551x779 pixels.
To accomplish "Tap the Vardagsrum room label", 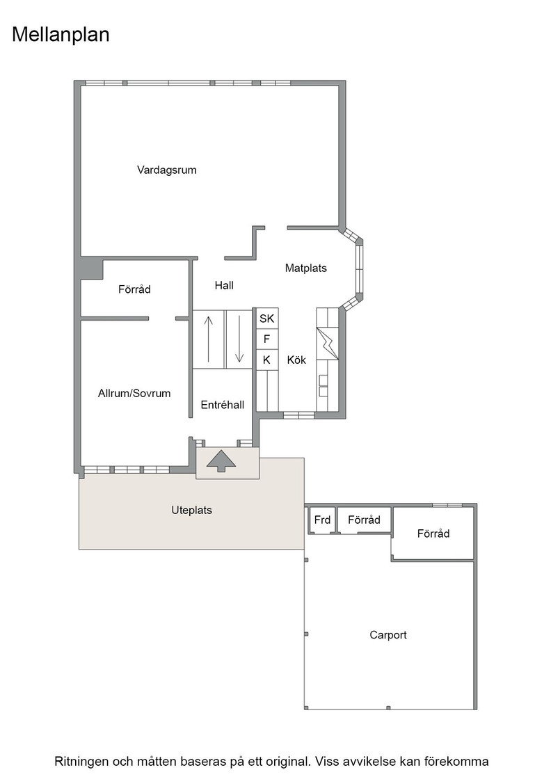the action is (167, 170).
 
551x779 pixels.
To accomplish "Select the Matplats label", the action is (306, 268).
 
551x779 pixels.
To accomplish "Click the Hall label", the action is (224, 285).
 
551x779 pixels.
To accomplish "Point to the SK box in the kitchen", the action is (267, 319).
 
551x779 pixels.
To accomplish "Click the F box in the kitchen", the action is (267, 339).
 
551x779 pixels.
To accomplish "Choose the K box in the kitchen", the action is (267, 360).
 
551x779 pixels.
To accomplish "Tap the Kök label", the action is (296, 360).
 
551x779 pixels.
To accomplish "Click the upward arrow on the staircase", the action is (209, 339).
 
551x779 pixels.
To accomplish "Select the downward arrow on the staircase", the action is (239, 339).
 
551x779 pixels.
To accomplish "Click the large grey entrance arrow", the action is (222, 460).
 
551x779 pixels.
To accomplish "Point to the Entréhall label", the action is (223, 405).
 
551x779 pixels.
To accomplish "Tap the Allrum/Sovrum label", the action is (134, 394).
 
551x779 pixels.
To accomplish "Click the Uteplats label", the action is (192, 511).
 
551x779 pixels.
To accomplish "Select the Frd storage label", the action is (322, 520).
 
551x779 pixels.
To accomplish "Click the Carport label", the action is (388, 635).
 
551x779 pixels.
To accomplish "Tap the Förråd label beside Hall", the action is (135, 289).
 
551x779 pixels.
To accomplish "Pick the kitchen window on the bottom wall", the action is (298, 415).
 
